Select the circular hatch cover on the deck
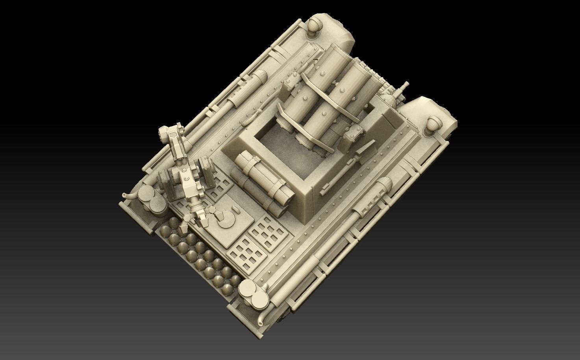227,216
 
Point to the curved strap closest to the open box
311,130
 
